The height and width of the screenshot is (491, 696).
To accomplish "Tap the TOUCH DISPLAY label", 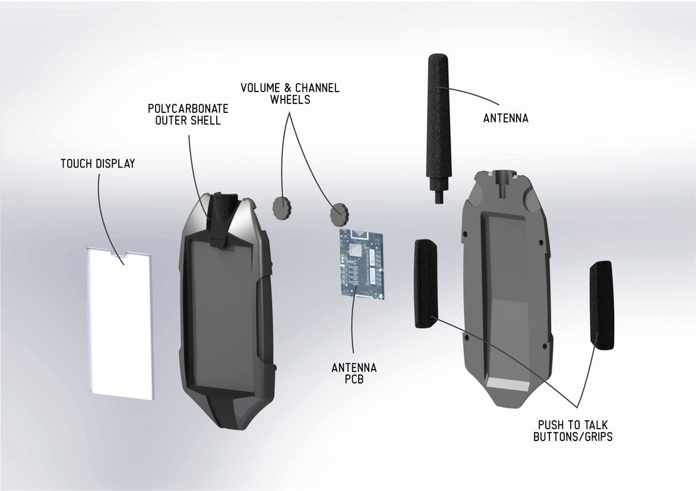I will click(x=97, y=163).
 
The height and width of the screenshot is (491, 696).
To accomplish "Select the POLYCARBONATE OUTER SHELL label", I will click(x=188, y=115).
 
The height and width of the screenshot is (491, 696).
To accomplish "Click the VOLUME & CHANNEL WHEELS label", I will click(x=290, y=94).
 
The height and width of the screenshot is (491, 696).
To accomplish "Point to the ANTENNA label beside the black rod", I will click(x=505, y=118).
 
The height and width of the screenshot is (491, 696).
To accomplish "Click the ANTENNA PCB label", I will click(x=354, y=374).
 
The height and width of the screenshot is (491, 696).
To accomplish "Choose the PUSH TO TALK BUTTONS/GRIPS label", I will click(x=572, y=431).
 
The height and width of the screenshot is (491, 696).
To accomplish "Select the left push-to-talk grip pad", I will click(x=426, y=283).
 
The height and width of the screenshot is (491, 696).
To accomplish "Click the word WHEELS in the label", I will click(x=290, y=100).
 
